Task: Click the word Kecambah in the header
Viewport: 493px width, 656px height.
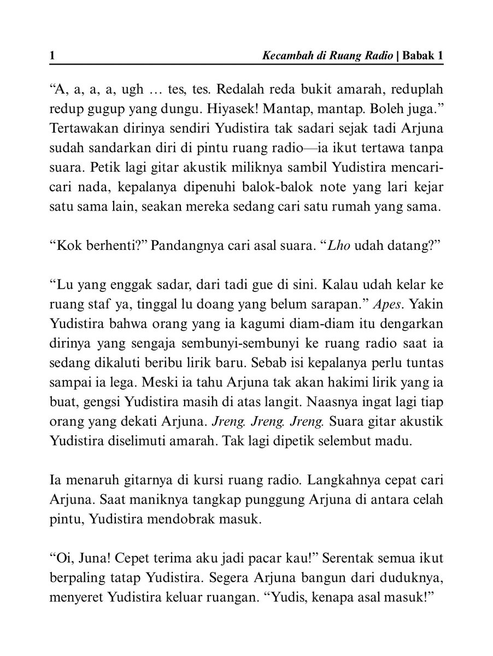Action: coord(284,56)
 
